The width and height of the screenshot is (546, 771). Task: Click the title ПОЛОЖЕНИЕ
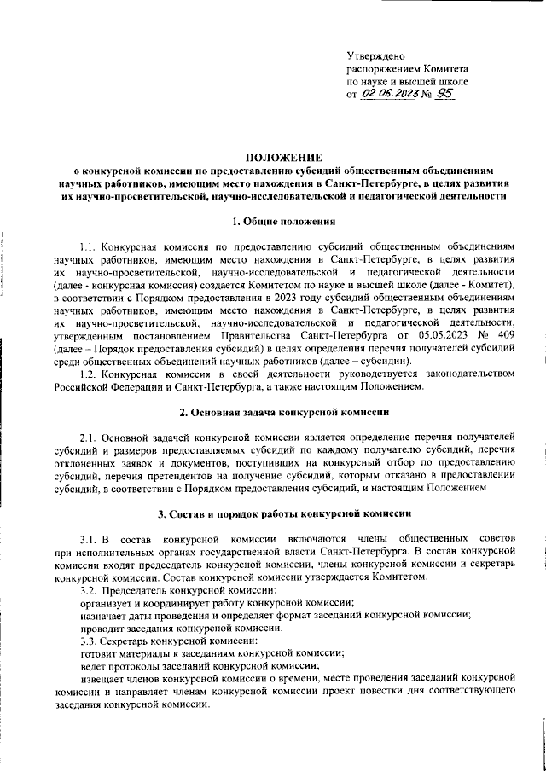284,158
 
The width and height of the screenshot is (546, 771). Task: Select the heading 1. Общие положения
284,223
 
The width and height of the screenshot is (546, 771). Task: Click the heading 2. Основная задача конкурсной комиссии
284,413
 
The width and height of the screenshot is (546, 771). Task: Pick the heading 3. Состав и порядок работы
284,514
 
